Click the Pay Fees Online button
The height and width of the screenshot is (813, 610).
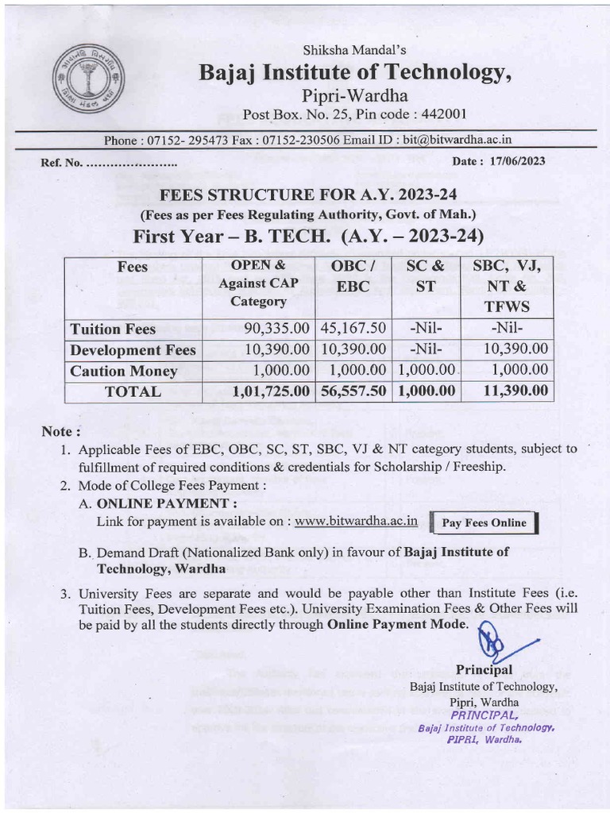pyautogui.click(x=484, y=522)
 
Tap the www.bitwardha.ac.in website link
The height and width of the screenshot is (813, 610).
pyautogui.click(x=361, y=522)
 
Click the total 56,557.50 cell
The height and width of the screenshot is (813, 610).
pyautogui.click(x=354, y=391)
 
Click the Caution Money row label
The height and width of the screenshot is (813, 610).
pyautogui.click(x=123, y=371)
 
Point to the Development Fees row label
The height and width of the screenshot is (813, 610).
pyautogui.click(x=133, y=350)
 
